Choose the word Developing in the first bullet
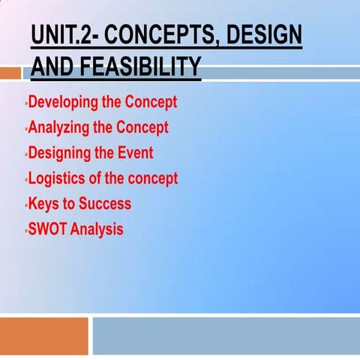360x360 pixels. (61, 102)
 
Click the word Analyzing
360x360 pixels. (58, 127)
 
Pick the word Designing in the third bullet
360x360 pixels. (59, 153)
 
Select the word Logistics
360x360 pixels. (56, 178)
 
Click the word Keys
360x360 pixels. (43, 203)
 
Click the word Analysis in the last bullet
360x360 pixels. (98, 229)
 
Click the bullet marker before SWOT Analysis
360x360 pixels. (25, 230)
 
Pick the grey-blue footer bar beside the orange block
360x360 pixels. (225, 335)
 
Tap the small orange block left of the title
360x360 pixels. (10, 73)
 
